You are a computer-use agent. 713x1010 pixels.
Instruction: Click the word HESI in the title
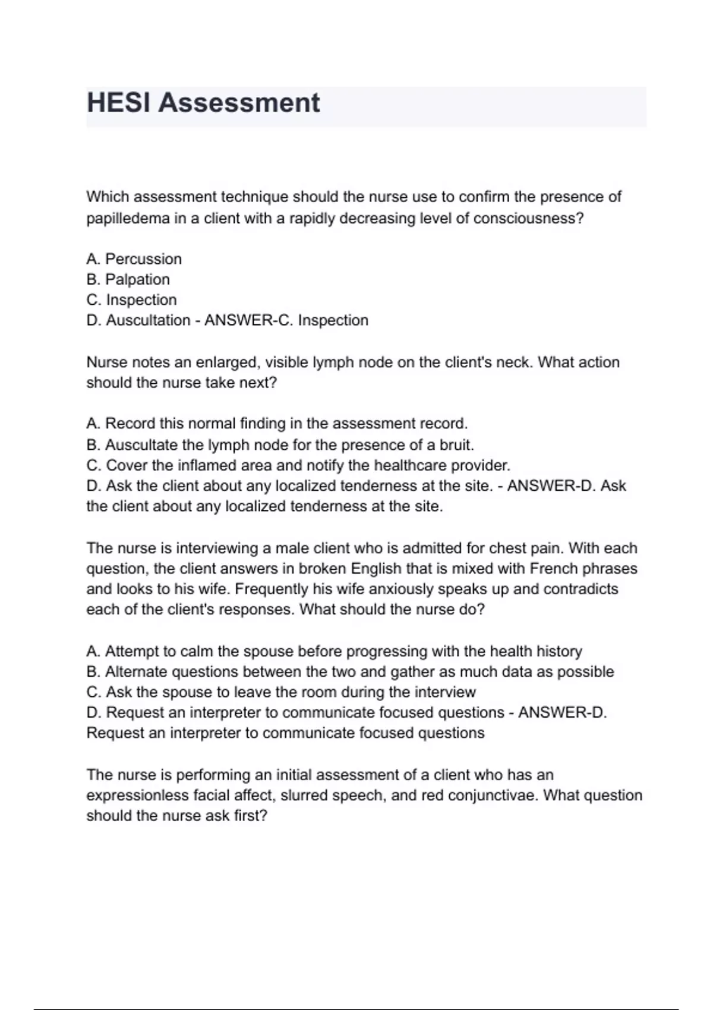[119, 103]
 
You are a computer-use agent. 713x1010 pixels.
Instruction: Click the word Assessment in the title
[239, 103]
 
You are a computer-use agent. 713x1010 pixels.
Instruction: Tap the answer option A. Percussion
[134, 259]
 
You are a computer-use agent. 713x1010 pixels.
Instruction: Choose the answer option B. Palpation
[128, 279]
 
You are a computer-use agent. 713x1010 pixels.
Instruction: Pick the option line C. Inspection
[132, 300]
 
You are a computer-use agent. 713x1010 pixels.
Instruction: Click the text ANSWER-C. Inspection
[286, 320]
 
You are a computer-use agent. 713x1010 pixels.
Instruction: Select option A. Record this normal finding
[277, 424]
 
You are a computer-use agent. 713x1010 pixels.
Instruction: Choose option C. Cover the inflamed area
[298, 465]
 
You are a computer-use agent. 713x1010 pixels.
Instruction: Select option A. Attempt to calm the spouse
[334, 651]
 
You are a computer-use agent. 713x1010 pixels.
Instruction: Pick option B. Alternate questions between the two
[350, 672]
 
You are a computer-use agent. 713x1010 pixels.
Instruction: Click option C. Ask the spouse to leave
[281, 692]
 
